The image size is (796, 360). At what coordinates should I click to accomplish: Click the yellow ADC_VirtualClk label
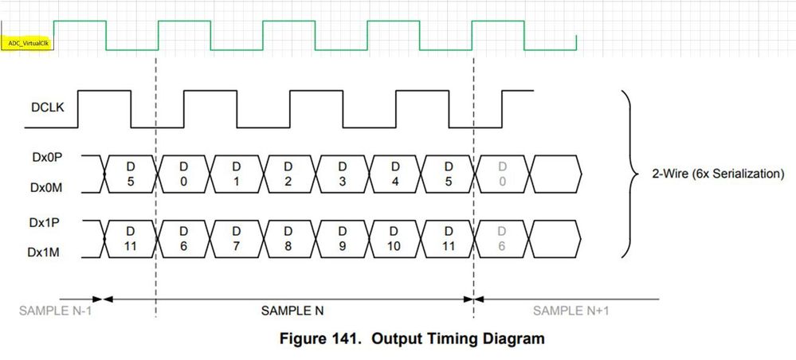(27, 44)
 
